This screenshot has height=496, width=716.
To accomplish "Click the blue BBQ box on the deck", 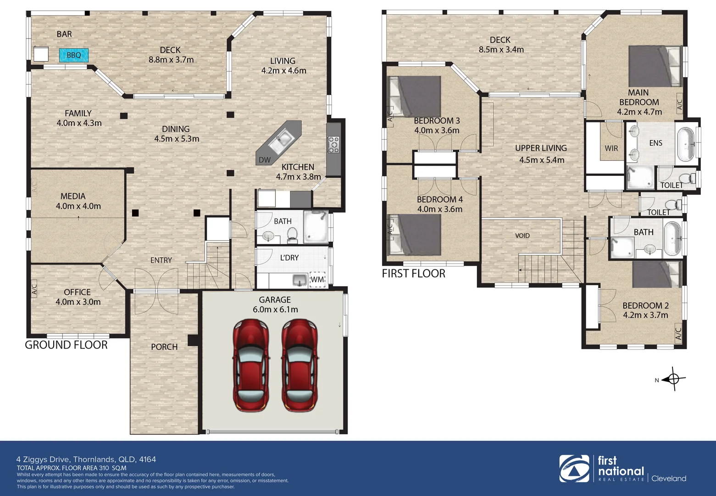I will pyautogui.click(x=73, y=55).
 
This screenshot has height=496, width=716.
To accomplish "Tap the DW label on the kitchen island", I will pyautogui.click(x=265, y=160).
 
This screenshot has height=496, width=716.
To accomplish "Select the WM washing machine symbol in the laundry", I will pyautogui.click(x=317, y=279).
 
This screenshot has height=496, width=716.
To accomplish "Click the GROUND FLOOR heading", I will pyautogui.click(x=66, y=345).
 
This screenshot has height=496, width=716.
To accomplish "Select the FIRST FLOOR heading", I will pyautogui.click(x=413, y=274).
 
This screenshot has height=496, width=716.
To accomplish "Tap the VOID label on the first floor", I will pyautogui.click(x=522, y=236).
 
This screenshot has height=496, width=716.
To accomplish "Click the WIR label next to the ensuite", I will pyautogui.click(x=611, y=148).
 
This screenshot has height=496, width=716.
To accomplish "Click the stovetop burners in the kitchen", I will pyautogui.click(x=333, y=144).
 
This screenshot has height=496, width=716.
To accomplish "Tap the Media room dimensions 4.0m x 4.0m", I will pyautogui.click(x=78, y=206).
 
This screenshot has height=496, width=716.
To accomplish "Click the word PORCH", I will pyautogui.click(x=164, y=347).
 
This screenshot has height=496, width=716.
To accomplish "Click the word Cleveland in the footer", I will pyautogui.click(x=669, y=478).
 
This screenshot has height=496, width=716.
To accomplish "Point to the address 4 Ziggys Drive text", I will pyautogui.click(x=86, y=459).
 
